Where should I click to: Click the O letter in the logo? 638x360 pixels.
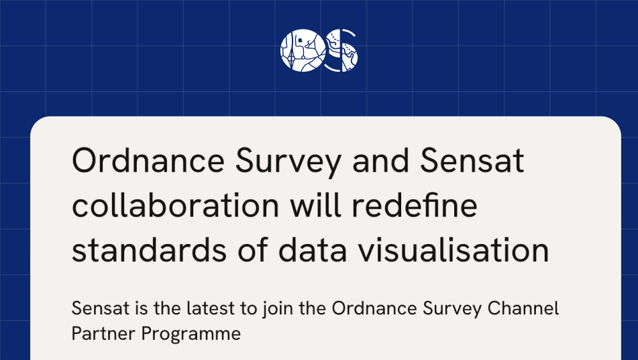tap(299, 50)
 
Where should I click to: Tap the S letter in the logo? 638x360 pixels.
tap(341, 50)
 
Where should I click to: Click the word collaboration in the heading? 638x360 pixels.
tap(175, 206)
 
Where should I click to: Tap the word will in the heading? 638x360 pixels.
tap(315, 206)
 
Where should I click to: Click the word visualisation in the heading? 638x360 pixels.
tap(460, 250)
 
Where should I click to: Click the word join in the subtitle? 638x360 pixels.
tap(280, 310)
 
